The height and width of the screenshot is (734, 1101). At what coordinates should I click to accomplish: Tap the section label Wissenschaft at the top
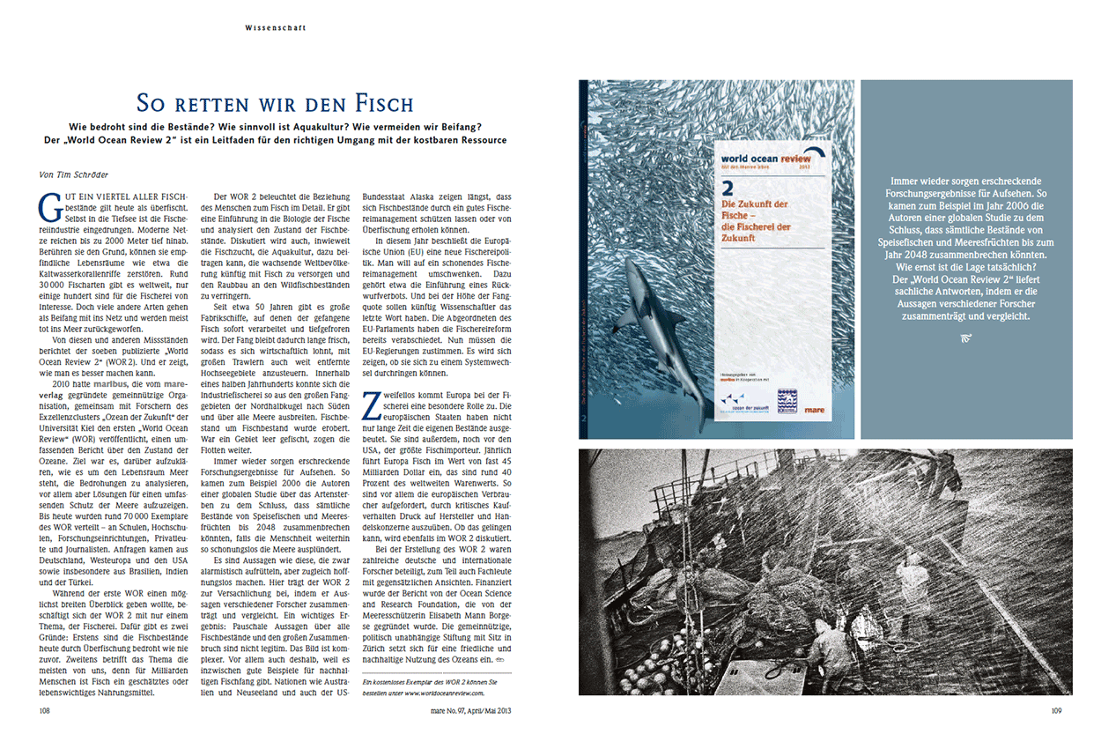(x=276, y=27)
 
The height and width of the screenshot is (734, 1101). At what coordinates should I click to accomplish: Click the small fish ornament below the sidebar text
(x=966, y=337)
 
